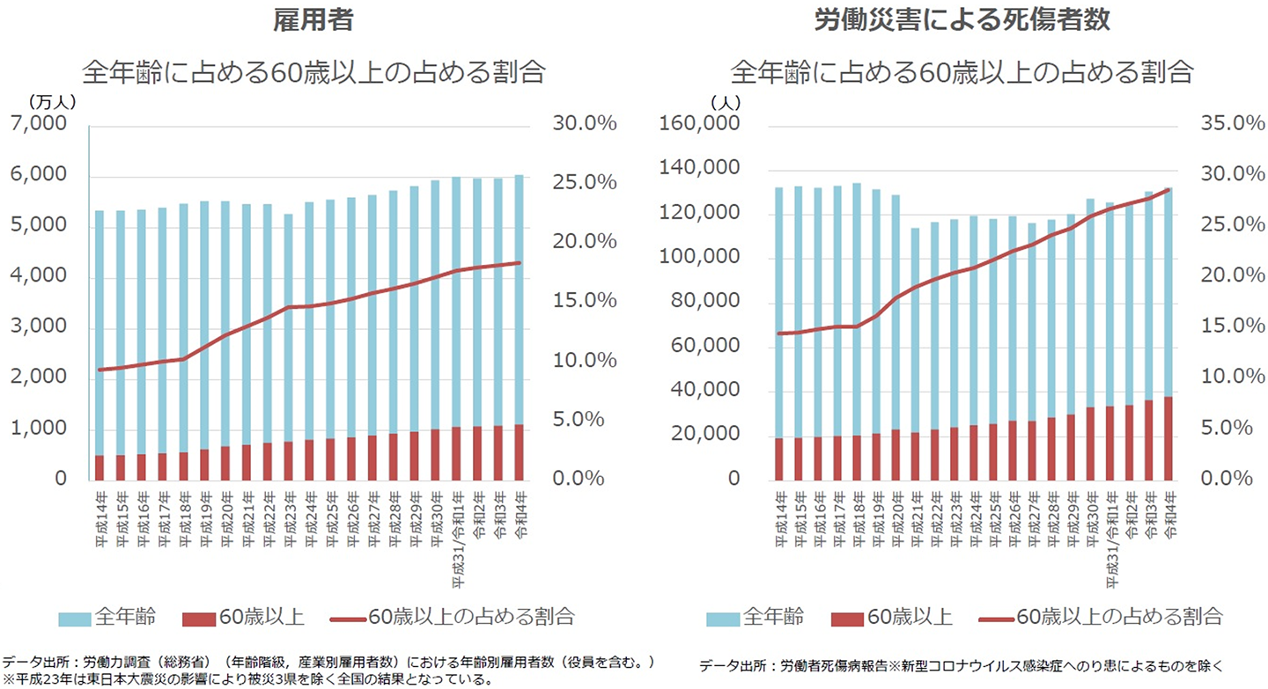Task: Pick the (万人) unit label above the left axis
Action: point(53,102)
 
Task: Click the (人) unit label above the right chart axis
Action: point(726,102)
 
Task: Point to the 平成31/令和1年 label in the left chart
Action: point(456,546)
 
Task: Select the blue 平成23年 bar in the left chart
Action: point(288,326)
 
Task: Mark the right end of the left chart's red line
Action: point(520,262)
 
